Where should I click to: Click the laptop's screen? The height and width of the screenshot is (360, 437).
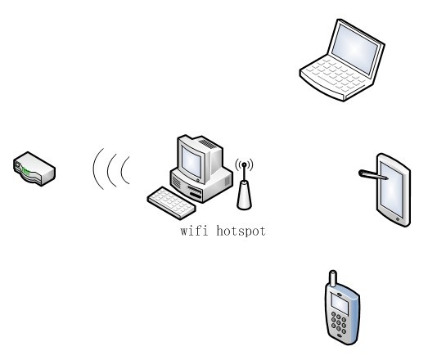click(x=355, y=49)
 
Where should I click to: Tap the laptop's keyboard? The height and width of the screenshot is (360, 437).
click(x=336, y=74)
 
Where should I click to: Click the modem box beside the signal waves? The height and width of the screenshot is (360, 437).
click(x=34, y=169)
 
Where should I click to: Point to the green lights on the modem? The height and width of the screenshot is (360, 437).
click(x=25, y=171)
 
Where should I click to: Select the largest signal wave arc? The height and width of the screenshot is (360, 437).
click(x=94, y=169)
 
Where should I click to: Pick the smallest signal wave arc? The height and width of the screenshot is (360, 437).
click(x=122, y=170)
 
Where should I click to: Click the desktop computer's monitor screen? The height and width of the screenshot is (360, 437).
click(x=191, y=162)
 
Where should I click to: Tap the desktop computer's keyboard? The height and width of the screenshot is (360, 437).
click(x=171, y=203)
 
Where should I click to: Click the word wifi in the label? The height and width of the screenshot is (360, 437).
click(x=194, y=232)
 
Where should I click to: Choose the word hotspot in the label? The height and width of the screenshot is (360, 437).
click(x=241, y=232)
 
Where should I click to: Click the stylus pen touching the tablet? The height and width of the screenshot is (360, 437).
click(x=373, y=175)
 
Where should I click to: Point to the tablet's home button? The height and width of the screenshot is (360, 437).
click(x=398, y=219)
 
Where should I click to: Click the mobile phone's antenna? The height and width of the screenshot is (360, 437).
click(x=333, y=278)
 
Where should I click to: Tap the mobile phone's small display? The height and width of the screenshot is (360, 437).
click(x=340, y=304)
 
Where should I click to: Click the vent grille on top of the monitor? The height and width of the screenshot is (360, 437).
click(x=207, y=143)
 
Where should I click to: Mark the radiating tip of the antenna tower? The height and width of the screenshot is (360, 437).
click(x=244, y=164)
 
